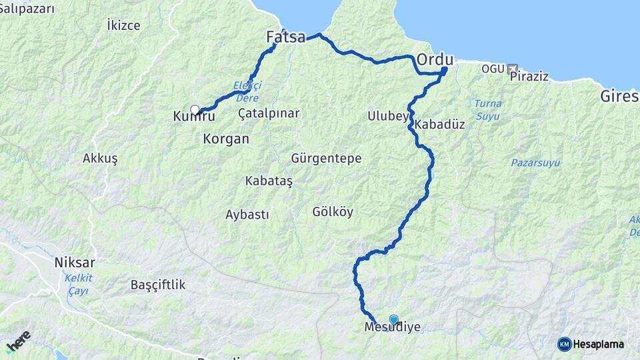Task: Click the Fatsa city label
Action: coord(285,37)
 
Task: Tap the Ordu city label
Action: coord(435,60)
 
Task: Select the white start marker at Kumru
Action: coord(195,109)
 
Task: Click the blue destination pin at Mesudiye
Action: coord(393,319)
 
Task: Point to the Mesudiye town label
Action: coord(393,328)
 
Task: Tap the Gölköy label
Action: coord(333,212)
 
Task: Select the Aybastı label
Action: coord(247,215)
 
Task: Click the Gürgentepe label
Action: coord(326,159)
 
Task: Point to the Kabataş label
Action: coord(269,181)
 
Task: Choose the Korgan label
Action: coord(226,139)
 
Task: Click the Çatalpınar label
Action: coord(269,113)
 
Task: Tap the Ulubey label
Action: coord(387,116)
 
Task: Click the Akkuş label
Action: coord(100,159)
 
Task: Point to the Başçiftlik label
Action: coord(158,285)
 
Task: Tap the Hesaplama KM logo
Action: coord(590,344)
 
